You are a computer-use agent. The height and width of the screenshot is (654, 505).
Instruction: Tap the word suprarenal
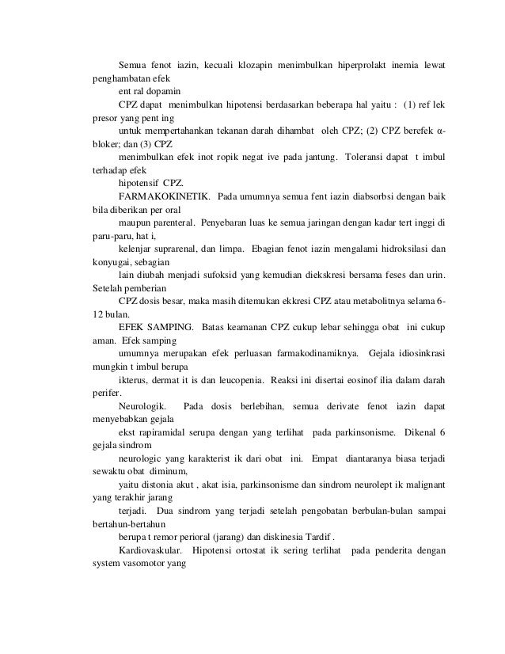click(178, 249)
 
